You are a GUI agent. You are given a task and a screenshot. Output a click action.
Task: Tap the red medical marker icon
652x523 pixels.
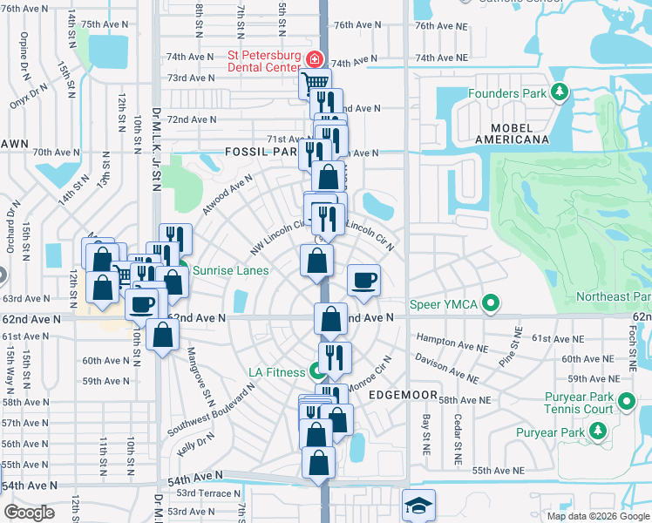(x=314, y=61)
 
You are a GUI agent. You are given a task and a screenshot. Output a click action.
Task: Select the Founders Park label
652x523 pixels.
(x=506, y=93)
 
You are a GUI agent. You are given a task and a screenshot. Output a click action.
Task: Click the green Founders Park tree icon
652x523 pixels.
(x=559, y=92)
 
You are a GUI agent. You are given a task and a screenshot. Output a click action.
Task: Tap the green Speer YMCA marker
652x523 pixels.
(x=492, y=304)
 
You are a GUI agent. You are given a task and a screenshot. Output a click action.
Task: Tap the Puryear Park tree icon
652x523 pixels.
(x=598, y=430)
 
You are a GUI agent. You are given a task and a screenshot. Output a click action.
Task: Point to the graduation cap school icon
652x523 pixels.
(x=418, y=506)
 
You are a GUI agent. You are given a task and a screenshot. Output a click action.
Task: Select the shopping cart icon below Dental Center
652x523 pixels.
(x=315, y=84)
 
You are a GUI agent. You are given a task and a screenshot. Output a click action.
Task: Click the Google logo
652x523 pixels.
(x=30, y=513)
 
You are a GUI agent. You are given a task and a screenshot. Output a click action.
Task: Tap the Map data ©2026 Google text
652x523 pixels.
(x=597, y=516)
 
